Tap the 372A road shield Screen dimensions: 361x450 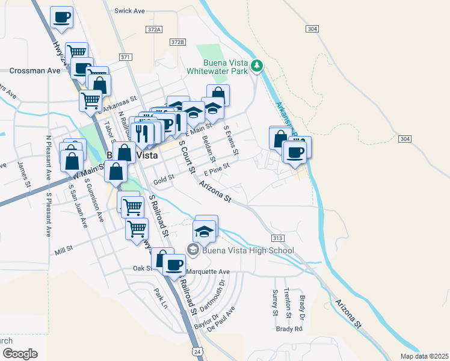[x=154, y=29]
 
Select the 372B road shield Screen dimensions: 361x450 [x=177, y=42]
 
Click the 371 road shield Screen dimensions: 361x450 [x=125, y=57]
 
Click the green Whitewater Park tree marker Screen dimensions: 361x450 [x=257, y=66]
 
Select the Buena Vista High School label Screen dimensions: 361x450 [x=248, y=251]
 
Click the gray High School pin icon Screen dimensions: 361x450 [x=193, y=249]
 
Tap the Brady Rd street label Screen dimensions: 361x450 [x=289, y=329]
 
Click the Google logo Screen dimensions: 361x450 [x=20, y=354]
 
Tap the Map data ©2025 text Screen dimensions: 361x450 [x=424, y=356]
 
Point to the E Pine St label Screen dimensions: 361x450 [x=217, y=168]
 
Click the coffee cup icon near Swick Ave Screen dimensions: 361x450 [x=61, y=17]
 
